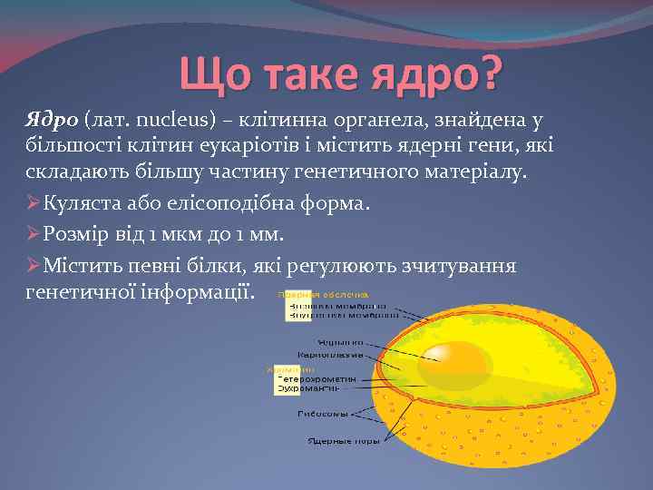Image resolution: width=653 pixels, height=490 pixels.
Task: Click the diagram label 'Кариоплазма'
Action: click(329, 355)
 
